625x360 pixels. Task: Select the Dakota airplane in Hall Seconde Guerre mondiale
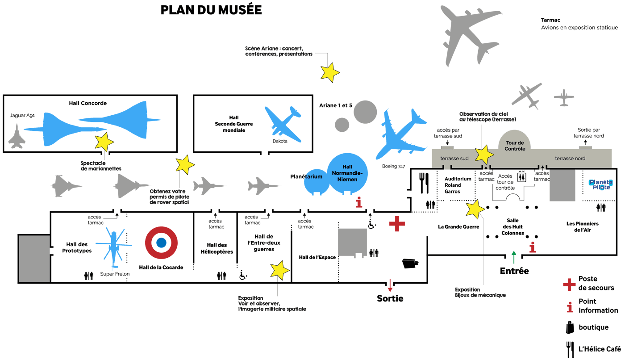tap(283, 124)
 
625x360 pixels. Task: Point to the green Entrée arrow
tap(514, 257)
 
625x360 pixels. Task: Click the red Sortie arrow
tap(390, 285)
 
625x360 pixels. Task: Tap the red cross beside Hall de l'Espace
tap(397, 223)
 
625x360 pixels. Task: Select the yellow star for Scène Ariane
tap(330, 72)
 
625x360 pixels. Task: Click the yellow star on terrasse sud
tap(484, 155)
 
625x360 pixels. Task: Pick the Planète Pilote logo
tap(601, 184)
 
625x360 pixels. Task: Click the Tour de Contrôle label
tap(515, 146)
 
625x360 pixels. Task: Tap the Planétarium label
tap(306, 176)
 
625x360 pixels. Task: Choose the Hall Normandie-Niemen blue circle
tap(347, 173)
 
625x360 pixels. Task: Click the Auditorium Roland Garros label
tap(458, 185)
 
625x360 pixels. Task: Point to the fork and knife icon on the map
tap(424, 183)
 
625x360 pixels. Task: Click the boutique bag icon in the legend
tap(570, 327)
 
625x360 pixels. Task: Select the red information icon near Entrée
tap(532, 247)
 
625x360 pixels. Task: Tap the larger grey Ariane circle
tap(365, 112)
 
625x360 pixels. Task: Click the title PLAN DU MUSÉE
tap(211, 10)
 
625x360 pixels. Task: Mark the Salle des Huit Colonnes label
tap(512, 226)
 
